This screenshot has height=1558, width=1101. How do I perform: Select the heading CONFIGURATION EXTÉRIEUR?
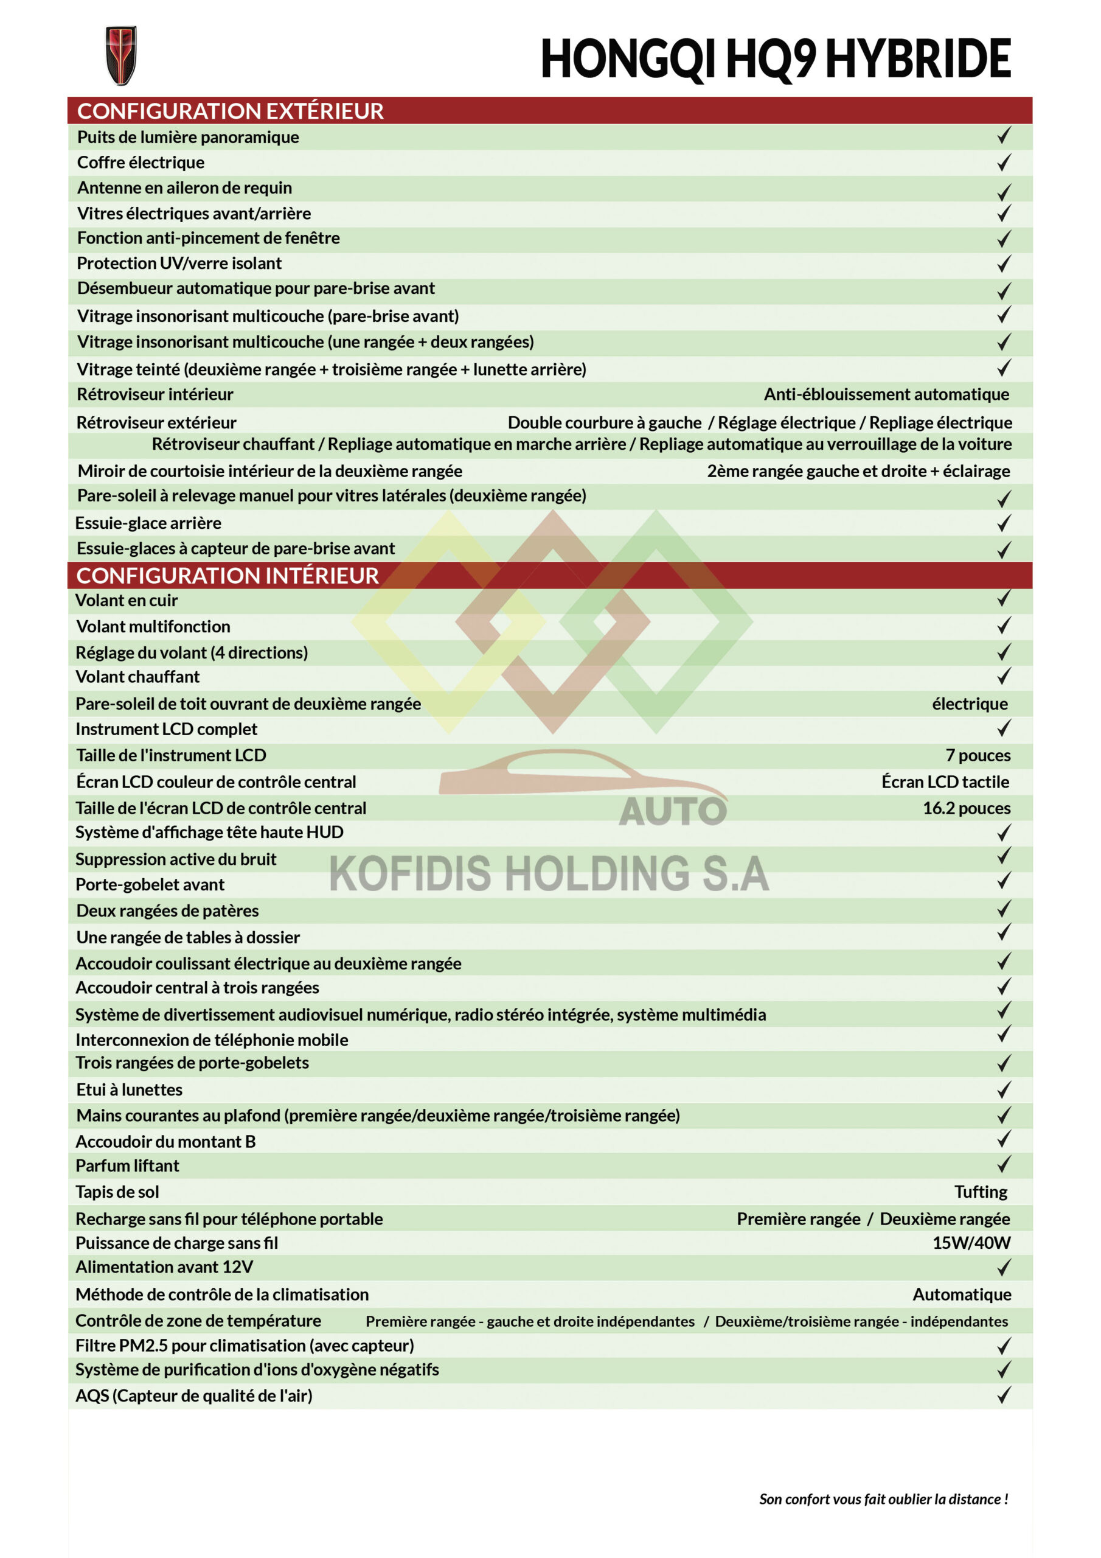[x=230, y=111]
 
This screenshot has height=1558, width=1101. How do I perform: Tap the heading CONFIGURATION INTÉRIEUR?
[x=227, y=576]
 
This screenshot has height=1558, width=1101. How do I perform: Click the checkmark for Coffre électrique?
[x=1004, y=162]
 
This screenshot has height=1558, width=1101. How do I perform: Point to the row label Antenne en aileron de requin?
[x=184, y=188]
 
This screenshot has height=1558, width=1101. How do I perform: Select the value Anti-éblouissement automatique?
[x=886, y=394]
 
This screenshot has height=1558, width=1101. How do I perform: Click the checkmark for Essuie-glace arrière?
[x=1004, y=523]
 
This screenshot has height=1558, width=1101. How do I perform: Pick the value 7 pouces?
[x=978, y=755]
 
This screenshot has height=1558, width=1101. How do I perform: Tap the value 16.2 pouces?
[x=966, y=808]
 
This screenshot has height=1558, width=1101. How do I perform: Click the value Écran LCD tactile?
[x=945, y=781]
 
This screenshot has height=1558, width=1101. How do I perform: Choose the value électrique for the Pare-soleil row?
[x=970, y=704]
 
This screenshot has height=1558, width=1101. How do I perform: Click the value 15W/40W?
[x=971, y=1243]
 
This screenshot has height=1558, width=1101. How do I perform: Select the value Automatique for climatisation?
[x=961, y=1294]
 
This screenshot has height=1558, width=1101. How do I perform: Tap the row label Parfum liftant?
[x=128, y=1166]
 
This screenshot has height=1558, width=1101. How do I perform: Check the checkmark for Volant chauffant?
[x=1004, y=676]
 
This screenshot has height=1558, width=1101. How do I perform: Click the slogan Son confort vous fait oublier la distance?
[x=883, y=1499]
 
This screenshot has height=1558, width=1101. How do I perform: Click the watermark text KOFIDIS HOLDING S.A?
[x=549, y=873]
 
